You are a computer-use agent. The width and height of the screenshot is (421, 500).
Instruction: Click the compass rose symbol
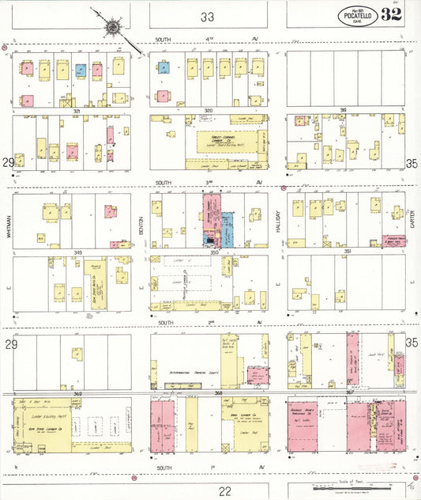pos(112,26)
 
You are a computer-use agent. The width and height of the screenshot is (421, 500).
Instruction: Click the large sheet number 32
pos(391,14)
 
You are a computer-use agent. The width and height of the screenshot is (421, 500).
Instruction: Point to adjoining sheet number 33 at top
pos(207,16)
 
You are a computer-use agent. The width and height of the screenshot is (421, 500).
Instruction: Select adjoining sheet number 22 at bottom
pos(207,491)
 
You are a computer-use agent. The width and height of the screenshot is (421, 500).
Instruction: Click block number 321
pos(77,112)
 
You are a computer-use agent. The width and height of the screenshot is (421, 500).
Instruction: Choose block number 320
pos(209,111)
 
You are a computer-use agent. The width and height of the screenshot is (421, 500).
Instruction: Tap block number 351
pos(346,251)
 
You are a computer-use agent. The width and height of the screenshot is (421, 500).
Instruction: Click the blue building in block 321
pos(81,70)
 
